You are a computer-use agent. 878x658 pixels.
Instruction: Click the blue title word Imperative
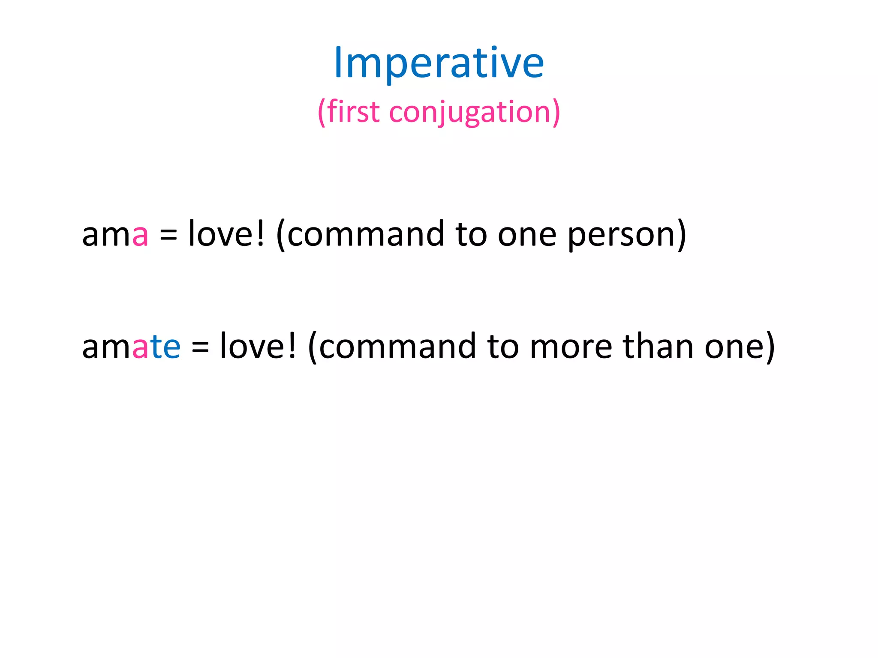point(439,63)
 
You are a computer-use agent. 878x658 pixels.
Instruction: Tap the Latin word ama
point(115,235)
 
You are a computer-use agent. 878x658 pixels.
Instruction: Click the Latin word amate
point(131,347)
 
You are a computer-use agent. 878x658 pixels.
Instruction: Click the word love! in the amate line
point(258,346)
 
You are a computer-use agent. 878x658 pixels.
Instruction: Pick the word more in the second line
point(571,347)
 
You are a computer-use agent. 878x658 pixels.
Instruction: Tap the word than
point(658,346)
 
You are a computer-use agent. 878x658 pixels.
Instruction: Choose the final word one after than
point(734,347)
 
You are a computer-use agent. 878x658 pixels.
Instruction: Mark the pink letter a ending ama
point(140,236)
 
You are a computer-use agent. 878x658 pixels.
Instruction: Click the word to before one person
point(471,235)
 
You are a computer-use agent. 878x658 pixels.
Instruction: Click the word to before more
point(503,347)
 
